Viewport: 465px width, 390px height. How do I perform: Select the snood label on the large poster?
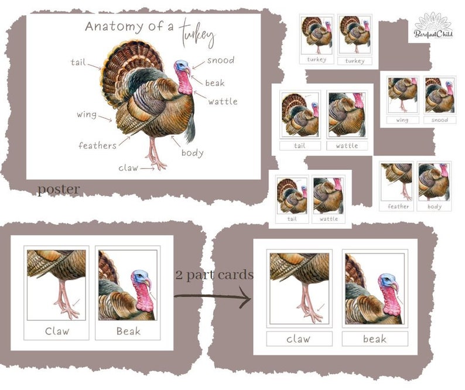click(220, 60)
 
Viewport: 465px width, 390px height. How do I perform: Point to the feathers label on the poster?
click(97, 145)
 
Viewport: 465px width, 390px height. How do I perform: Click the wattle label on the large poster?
click(223, 101)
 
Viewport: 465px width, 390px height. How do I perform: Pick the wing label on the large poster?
click(87, 114)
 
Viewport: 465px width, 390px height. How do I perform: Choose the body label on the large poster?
click(192, 153)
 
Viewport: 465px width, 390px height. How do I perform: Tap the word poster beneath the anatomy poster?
click(59, 190)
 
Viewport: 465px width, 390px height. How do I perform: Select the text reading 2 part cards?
click(214, 274)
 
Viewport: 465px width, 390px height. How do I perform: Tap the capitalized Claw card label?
click(57, 331)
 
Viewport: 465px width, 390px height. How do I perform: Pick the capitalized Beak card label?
click(128, 331)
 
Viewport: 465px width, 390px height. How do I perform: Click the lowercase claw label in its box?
click(299, 338)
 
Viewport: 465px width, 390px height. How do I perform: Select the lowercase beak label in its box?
click(374, 338)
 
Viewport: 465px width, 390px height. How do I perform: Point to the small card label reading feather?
click(398, 206)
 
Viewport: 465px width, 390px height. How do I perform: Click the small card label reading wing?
click(402, 120)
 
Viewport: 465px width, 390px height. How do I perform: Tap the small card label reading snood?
click(439, 120)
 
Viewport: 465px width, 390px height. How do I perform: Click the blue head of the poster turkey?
click(181, 67)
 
